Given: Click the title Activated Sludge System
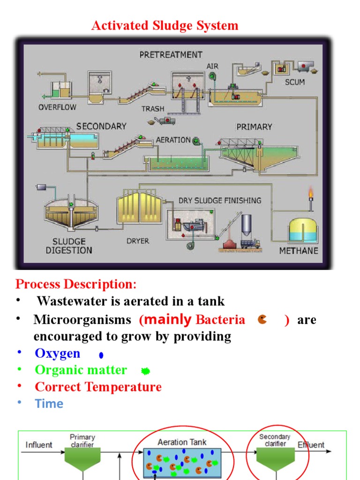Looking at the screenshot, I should tap(165, 25).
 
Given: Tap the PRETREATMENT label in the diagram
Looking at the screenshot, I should tap(171, 55).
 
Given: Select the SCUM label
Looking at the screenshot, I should tap(294, 82).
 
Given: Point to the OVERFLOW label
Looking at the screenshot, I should tap(57, 107).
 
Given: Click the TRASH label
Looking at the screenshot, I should tap(153, 109).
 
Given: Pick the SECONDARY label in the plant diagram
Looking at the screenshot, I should tap(101, 126).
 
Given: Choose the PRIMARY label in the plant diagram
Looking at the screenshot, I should tap(254, 127).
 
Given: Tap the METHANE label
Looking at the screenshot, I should tap(299, 251).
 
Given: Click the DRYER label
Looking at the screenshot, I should tap(138, 241).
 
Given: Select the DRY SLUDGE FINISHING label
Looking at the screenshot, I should tap(220, 201).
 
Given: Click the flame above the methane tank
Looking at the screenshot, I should tap(310, 193).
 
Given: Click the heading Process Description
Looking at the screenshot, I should tap(76, 284).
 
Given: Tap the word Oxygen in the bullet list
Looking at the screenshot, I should tap(58, 353).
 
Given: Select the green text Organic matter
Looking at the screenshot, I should tap(81, 370).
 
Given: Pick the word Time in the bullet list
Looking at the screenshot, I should tap(49, 404).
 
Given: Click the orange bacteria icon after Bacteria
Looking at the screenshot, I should tap(262, 320).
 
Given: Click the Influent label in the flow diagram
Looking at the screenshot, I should tap(39, 445).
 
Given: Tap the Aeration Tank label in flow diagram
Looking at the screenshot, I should tap(182, 442).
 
